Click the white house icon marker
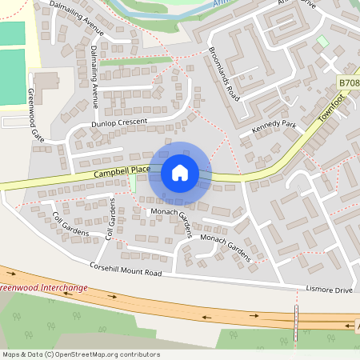pyautogui.click(x=180, y=172)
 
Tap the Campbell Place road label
pyautogui.click(x=121, y=170)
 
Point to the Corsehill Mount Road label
pyautogui.click(x=126, y=269)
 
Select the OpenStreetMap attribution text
pyautogui.click(x=81, y=354)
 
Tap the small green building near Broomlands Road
pyautogui.click(x=322, y=40)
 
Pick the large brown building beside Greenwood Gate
pyautogui.click(x=46, y=81)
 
